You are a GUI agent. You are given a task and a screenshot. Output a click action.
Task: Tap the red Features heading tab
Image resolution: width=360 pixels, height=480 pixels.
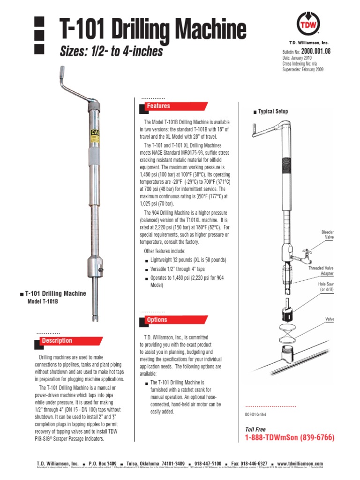pyautogui.click(x=158, y=106)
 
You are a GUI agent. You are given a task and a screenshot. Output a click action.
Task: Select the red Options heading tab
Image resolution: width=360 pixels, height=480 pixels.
pyautogui.click(x=157, y=320)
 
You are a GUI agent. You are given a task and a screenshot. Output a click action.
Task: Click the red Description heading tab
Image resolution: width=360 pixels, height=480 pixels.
pyautogui.click(x=57, y=341)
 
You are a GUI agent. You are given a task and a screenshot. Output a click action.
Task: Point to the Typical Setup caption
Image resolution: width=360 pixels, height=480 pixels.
pyautogui.click(x=273, y=112)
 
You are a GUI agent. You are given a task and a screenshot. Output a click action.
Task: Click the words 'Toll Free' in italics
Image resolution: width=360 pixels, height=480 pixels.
pyautogui.click(x=255, y=429)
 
